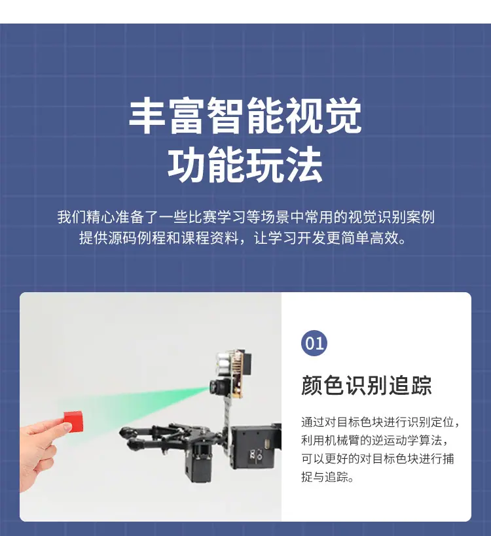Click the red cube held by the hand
pyautogui.click(x=73, y=421)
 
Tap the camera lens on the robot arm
pyautogui.click(x=215, y=386)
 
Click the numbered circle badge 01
pyautogui.click(x=314, y=343)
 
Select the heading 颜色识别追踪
pyautogui.click(x=366, y=385)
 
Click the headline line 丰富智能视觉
pyautogui.click(x=245, y=116)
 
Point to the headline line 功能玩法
pyautogui.click(x=245, y=165)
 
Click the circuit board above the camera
pyautogui.click(x=237, y=373)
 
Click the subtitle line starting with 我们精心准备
pyautogui.click(x=246, y=218)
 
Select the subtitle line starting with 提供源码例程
pyautogui.click(x=242, y=238)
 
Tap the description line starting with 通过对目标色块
pyautogui.click(x=380, y=422)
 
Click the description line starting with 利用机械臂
pyautogui.click(x=374, y=441)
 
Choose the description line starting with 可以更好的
pyautogui.click(x=378, y=458)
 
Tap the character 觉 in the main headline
pyautogui.click(x=343, y=116)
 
